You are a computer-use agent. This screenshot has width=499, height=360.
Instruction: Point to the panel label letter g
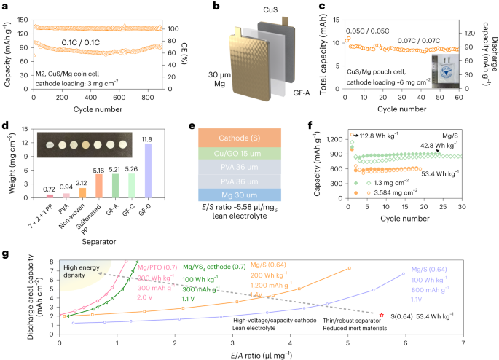click(6, 254)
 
